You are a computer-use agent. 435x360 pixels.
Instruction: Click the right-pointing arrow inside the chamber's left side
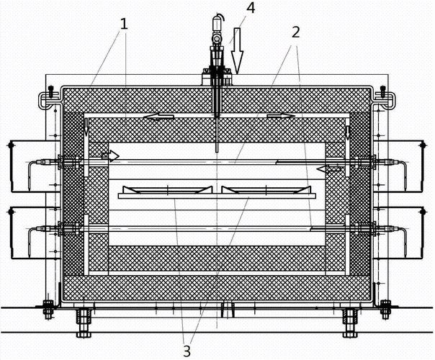110,155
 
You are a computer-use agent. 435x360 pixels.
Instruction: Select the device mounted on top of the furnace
217,54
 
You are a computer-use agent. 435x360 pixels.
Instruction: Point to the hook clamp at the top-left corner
47,96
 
